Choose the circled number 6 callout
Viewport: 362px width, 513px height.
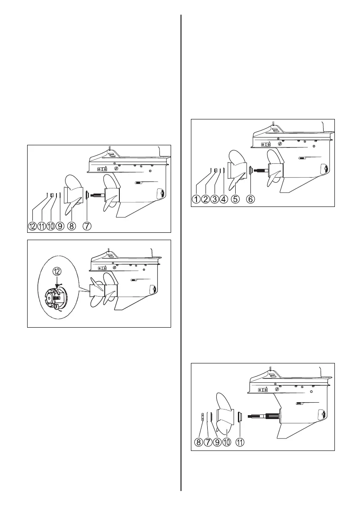click(250, 199)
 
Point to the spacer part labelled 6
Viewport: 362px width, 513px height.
click(251, 170)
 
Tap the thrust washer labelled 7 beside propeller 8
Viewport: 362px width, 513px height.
click(87, 195)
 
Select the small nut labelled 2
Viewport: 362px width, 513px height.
click(215, 170)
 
